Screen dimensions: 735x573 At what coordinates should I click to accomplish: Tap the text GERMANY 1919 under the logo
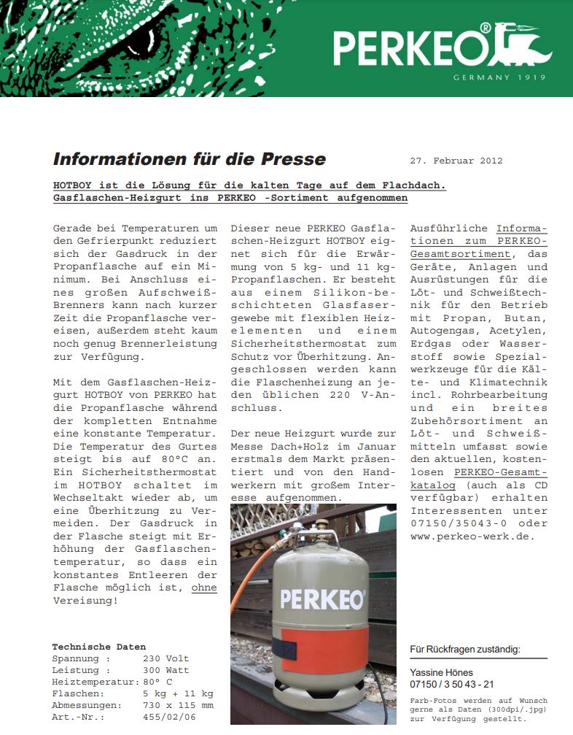click(x=499, y=77)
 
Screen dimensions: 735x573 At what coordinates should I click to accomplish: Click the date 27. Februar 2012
click(x=456, y=161)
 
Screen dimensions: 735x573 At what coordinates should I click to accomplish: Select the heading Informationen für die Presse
click(x=190, y=159)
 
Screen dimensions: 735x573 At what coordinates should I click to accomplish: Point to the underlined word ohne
click(x=204, y=587)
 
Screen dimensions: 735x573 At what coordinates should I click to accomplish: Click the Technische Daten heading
click(x=98, y=647)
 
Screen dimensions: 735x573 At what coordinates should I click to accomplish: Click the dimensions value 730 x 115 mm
click(x=178, y=705)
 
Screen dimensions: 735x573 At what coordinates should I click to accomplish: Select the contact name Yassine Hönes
click(x=442, y=672)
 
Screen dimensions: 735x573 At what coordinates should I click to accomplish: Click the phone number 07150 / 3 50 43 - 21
click(x=452, y=684)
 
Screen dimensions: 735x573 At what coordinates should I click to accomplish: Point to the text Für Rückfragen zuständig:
click(x=469, y=649)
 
